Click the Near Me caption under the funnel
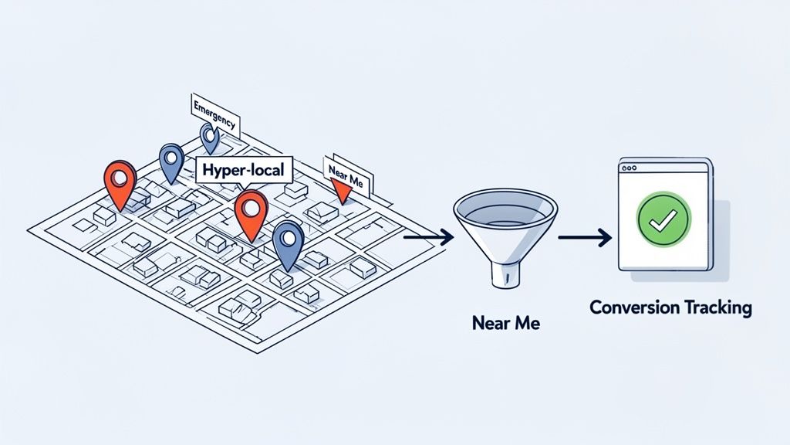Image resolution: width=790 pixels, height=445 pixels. (x=505, y=323)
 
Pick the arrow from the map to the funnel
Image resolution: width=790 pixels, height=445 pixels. (x=428, y=236)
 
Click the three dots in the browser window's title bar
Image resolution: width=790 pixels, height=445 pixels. (x=630, y=167)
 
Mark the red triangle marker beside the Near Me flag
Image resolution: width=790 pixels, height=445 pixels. (x=339, y=189)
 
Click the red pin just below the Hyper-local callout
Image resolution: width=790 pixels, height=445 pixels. (x=251, y=212)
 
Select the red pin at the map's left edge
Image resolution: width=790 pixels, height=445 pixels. (x=120, y=182)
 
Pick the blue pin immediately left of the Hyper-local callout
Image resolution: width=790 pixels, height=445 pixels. (x=171, y=161)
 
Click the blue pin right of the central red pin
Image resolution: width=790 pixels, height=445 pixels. (x=289, y=242)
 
